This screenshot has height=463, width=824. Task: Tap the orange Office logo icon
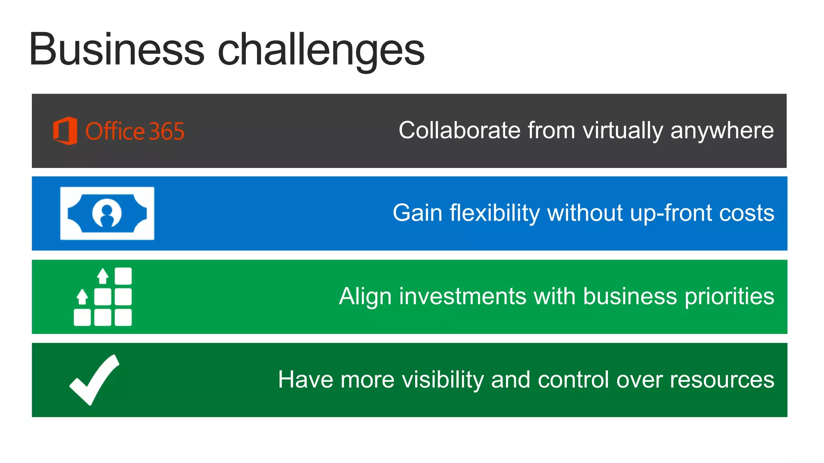(x=65, y=131)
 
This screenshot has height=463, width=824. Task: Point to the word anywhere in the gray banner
(x=722, y=131)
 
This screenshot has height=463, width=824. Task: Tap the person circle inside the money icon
(x=107, y=213)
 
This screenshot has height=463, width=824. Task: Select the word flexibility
(x=495, y=213)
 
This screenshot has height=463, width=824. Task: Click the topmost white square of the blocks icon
(x=123, y=276)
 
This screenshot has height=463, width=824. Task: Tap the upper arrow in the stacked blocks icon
(x=103, y=276)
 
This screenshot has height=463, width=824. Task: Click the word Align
(x=365, y=297)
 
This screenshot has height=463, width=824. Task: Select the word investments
(x=463, y=296)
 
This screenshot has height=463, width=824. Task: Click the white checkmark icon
(x=94, y=379)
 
